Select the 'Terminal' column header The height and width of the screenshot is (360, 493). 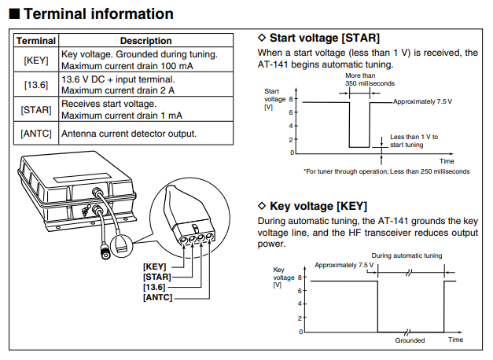[36, 40]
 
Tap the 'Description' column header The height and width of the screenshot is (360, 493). [145, 40]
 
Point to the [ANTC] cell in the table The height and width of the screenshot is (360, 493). [36, 133]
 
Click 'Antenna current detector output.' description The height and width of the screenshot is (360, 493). [129, 133]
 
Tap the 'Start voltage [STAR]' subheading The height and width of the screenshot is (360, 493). [323, 37]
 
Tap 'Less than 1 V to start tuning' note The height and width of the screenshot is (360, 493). [414, 140]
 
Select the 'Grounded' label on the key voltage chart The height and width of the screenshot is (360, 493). [410, 340]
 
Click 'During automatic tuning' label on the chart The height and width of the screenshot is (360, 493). [407, 255]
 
